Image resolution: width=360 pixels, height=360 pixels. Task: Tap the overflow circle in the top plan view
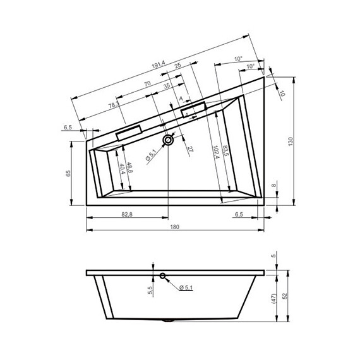tap(168, 140)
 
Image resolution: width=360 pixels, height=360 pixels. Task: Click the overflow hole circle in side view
tap(162, 276)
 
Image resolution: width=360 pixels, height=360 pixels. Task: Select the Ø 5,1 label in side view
tap(187, 289)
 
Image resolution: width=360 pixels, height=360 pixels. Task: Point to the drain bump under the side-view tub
tap(167, 321)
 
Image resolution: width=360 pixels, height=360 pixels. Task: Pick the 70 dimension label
tap(147, 84)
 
